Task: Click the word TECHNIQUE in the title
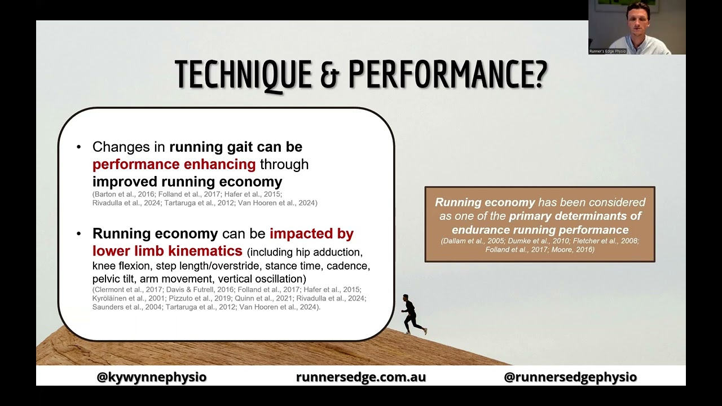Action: click(243, 74)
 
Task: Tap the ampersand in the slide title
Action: click(329, 74)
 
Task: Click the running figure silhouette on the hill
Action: click(412, 315)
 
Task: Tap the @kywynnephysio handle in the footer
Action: click(152, 377)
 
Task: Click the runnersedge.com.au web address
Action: click(361, 377)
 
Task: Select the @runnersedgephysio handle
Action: click(570, 377)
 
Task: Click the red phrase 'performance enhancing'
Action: click(174, 164)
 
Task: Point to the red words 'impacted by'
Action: click(311, 233)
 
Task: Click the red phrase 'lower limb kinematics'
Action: click(168, 250)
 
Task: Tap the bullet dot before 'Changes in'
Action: click(79, 147)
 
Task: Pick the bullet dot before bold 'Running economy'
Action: click(79, 233)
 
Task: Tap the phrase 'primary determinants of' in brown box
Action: click(575, 216)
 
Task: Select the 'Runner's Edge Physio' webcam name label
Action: click(607, 51)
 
